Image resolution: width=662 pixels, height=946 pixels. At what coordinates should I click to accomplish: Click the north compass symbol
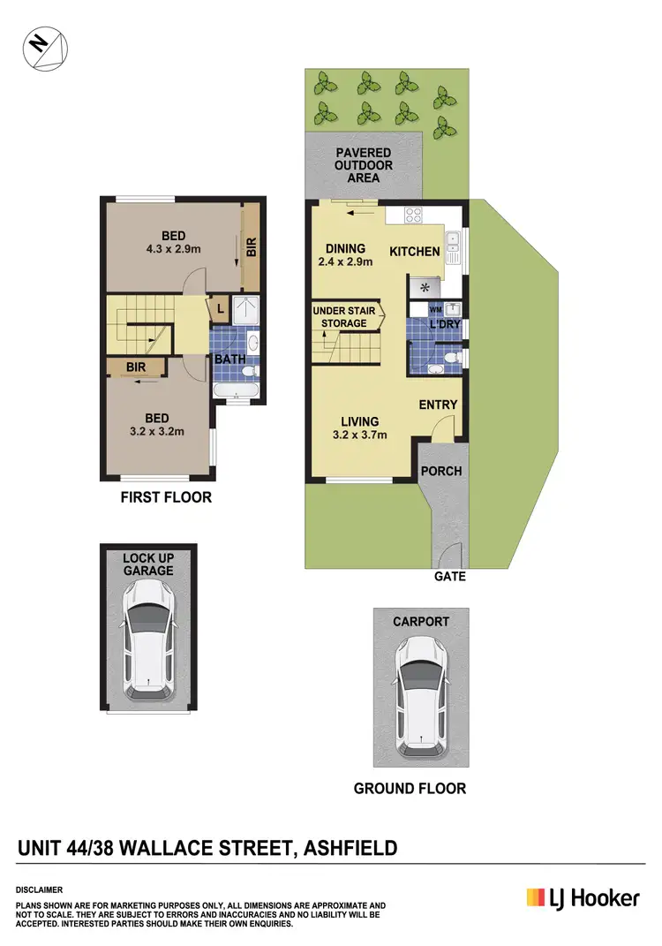click(x=45, y=49)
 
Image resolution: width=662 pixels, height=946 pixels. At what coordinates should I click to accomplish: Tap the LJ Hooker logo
click(x=583, y=898)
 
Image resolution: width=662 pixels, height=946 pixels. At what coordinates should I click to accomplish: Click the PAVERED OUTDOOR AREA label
click(x=364, y=165)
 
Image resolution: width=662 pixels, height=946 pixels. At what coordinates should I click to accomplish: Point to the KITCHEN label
click(x=415, y=252)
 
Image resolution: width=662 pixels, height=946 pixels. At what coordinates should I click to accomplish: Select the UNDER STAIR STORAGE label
click(x=343, y=317)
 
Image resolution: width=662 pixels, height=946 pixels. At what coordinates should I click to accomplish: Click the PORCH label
click(x=440, y=471)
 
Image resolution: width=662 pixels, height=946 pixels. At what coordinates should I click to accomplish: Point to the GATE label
click(x=449, y=576)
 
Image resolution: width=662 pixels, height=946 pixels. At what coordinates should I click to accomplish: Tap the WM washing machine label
click(x=434, y=310)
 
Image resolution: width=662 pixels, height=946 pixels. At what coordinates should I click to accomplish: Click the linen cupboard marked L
click(x=219, y=308)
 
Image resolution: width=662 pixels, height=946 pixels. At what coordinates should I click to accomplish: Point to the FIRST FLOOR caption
click(x=166, y=497)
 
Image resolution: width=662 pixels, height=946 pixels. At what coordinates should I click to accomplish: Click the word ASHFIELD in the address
click(x=350, y=849)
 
